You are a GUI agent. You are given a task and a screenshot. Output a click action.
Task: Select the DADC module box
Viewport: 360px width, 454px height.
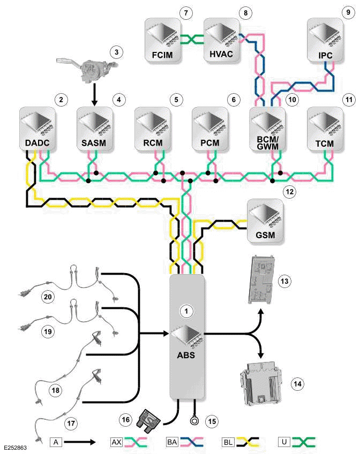pyautogui.click(x=37, y=128)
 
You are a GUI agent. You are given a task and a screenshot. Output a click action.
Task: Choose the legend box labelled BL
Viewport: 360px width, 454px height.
pyautogui.click(x=228, y=442)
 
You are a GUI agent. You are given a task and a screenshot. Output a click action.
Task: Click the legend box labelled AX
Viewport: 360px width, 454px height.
pyautogui.click(x=116, y=442)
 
